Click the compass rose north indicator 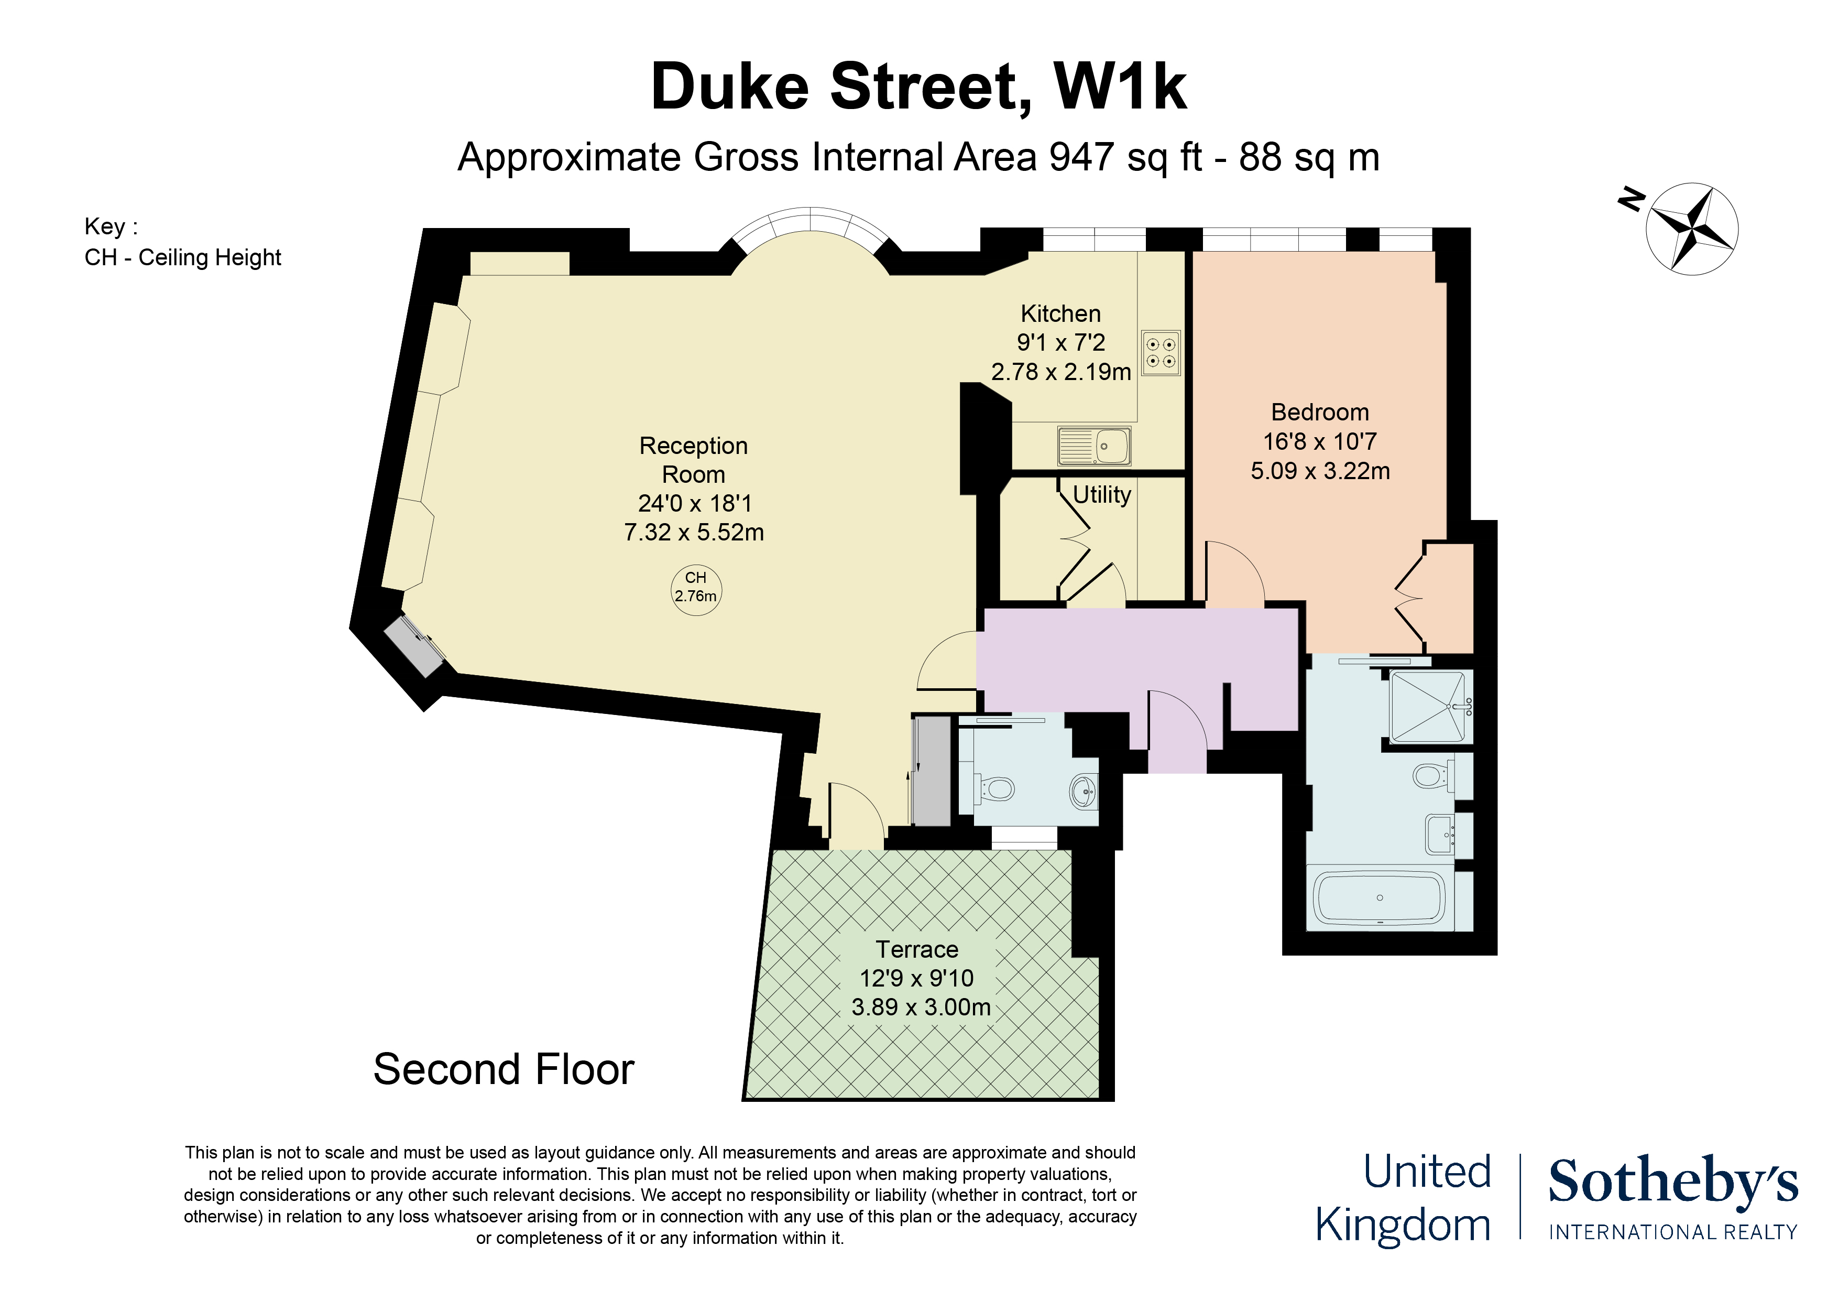[1691, 228]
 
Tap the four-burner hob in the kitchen [1161, 353]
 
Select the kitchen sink [1095, 446]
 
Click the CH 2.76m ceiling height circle [696, 590]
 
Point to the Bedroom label [1320, 413]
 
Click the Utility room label [1101, 495]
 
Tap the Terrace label [916, 949]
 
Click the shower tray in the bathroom [1430, 707]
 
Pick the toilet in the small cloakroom [993, 789]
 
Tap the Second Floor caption [504, 1069]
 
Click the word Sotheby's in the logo [1673, 1182]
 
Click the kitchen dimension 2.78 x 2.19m [1060, 372]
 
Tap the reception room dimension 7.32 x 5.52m [694, 533]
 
